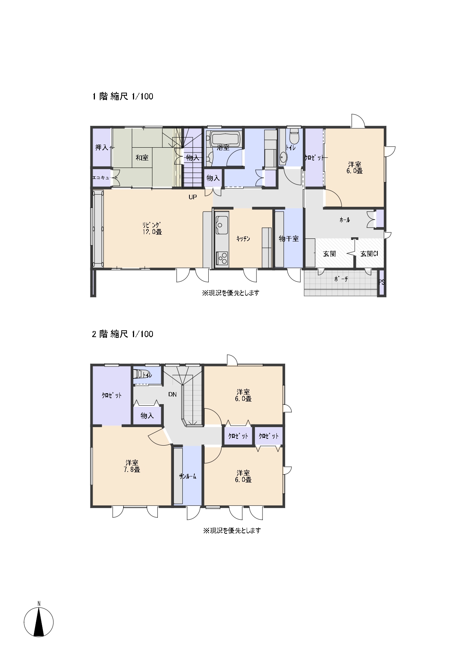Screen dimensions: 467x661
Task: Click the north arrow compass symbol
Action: (x=38, y=622)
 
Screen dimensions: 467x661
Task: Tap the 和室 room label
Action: (x=142, y=158)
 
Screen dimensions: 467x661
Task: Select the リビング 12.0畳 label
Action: (x=152, y=228)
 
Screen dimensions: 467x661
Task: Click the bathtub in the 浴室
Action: (x=225, y=139)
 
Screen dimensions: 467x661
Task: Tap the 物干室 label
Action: (x=288, y=239)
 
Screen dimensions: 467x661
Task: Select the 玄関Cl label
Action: (x=369, y=254)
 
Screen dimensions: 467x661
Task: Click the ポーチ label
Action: (x=341, y=279)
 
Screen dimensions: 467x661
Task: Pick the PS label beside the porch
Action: (x=382, y=282)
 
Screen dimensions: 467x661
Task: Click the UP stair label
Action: (x=192, y=197)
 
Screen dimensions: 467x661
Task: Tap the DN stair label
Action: (x=172, y=395)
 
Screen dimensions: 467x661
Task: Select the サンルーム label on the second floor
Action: (x=188, y=476)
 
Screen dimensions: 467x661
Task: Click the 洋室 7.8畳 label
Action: (x=132, y=466)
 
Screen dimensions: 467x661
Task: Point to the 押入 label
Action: (x=102, y=147)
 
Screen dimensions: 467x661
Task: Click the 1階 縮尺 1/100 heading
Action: (x=123, y=96)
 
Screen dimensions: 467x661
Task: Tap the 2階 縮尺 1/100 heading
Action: (x=123, y=334)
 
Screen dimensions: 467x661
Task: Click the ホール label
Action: (x=345, y=220)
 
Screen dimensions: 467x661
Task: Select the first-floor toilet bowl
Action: (x=294, y=136)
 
